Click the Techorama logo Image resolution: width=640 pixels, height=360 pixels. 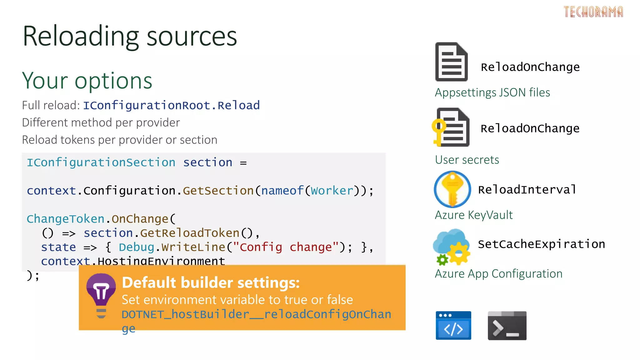point(593,12)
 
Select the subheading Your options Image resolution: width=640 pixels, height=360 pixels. point(87,81)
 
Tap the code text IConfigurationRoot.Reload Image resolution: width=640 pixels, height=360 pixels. point(171,106)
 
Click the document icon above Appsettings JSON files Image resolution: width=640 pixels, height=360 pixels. point(451,62)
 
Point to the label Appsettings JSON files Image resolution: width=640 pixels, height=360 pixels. point(492,92)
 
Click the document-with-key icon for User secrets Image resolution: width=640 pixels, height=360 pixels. point(451,127)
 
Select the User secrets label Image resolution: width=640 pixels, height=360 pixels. point(467,160)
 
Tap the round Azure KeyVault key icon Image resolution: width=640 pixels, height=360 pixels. point(452,189)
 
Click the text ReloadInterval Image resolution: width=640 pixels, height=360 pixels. point(527,190)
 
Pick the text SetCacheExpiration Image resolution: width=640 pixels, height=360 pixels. point(541,244)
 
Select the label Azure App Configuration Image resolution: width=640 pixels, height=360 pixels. point(498,274)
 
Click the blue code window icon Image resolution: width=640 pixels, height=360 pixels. point(453,326)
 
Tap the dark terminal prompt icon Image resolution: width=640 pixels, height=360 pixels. point(507,326)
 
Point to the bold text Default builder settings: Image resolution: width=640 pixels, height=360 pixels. point(211,283)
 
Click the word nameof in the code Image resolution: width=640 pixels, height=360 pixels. point(282,191)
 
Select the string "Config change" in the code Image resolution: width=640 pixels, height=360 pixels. point(286,247)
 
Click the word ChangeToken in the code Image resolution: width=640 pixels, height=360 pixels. point(65,219)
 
